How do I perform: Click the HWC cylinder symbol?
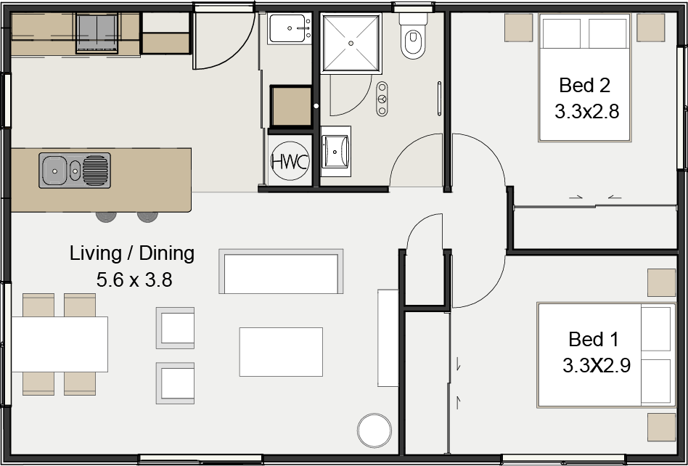click(x=290, y=161)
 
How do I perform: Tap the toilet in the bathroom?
click(x=413, y=41)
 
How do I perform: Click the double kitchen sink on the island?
click(x=75, y=171)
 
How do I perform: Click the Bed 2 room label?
click(x=584, y=86)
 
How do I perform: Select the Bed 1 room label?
click(x=593, y=340)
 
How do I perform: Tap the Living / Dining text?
click(x=132, y=253)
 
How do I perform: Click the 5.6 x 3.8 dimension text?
click(x=134, y=279)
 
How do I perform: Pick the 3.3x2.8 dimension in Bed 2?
click(x=586, y=112)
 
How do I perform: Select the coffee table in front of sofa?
click(x=281, y=351)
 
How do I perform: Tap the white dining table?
click(x=60, y=344)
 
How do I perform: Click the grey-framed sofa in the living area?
click(x=281, y=271)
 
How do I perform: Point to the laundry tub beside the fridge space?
click(x=290, y=29)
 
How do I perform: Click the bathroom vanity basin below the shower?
click(x=335, y=150)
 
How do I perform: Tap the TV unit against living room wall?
click(x=388, y=338)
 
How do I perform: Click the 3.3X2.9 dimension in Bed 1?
click(x=596, y=365)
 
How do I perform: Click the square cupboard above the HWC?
click(x=290, y=107)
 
